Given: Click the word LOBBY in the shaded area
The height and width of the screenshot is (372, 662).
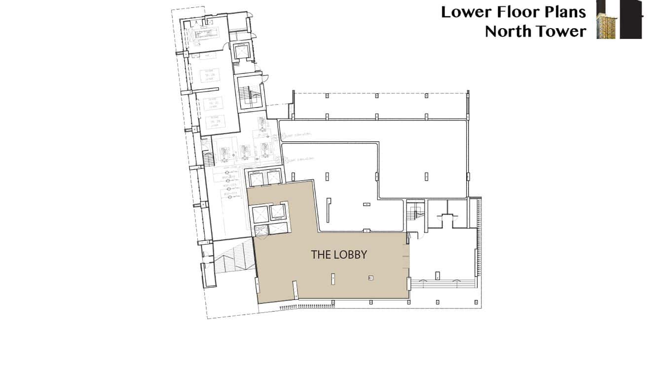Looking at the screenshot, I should pyautogui.click(x=350, y=255).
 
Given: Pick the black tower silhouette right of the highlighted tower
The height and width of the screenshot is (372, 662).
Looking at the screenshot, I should pyautogui.click(x=631, y=20).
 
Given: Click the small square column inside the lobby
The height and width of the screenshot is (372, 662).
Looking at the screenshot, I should pyautogui.click(x=370, y=278).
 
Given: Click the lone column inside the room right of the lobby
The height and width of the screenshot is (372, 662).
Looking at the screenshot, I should pyautogui.click(x=437, y=274).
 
